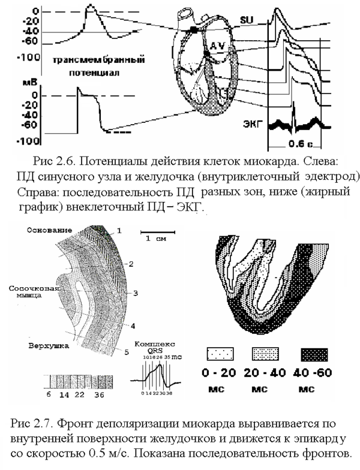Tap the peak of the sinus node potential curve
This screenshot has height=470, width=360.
point(89,6)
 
